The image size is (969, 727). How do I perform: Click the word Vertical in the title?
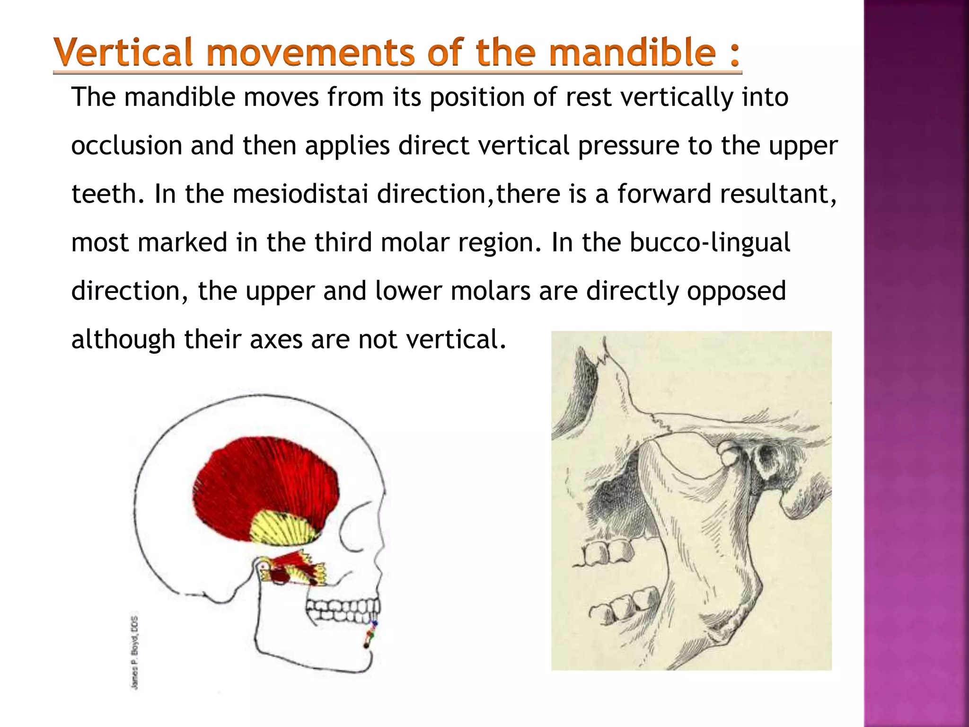tap(124, 53)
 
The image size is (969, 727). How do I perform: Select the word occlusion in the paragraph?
tap(126, 145)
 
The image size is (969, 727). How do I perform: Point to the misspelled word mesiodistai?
tap(300, 194)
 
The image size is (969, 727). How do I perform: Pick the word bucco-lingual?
tap(709, 243)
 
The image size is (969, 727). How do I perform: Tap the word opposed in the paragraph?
tap(736, 291)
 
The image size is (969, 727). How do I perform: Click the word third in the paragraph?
tap(343, 243)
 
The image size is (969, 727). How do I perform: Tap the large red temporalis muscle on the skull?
tap(265, 483)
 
